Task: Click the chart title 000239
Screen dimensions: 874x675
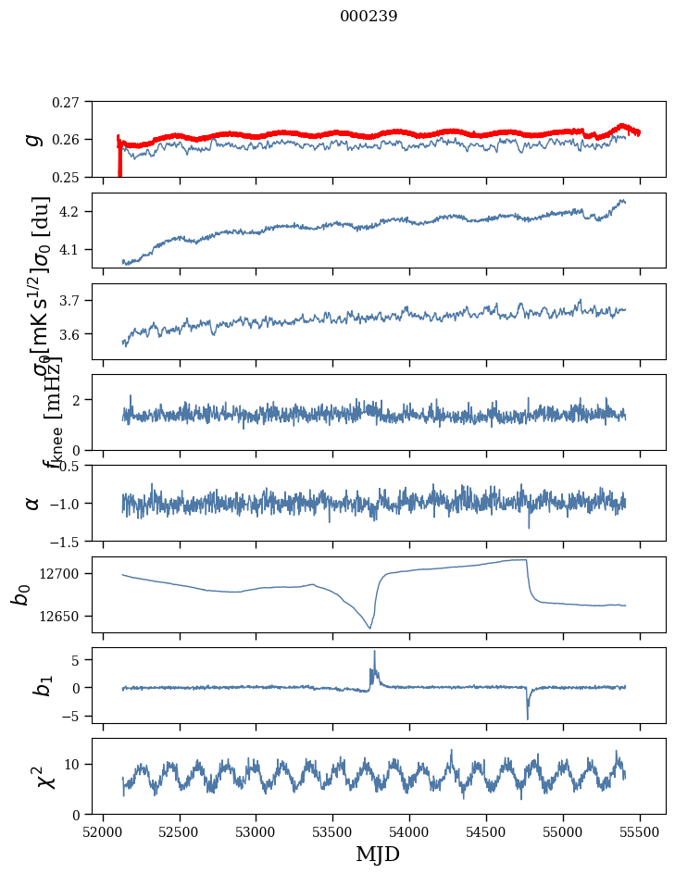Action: pyautogui.click(x=369, y=17)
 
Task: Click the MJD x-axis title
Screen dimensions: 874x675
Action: pyautogui.click(x=378, y=855)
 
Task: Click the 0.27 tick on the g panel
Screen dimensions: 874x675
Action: pyautogui.click(x=67, y=102)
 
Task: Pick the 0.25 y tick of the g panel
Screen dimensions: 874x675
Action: pyautogui.click(x=67, y=177)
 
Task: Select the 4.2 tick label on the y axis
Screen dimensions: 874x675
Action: pyautogui.click(x=72, y=212)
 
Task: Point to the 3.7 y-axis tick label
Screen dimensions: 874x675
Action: pyautogui.click(x=72, y=301)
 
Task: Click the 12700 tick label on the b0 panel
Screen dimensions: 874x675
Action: pyautogui.click(x=64, y=574)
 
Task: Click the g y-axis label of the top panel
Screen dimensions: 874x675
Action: pyautogui.click(x=32, y=139)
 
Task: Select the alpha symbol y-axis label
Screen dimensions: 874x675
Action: pyautogui.click(x=32, y=503)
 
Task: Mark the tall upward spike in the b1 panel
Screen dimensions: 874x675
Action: pyautogui.click(x=374, y=653)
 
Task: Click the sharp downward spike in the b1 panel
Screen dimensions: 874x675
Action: pyautogui.click(x=528, y=717)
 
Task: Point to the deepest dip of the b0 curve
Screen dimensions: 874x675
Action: pyautogui.click(x=369, y=628)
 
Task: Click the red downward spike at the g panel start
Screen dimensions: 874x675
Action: pyautogui.click(x=119, y=167)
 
